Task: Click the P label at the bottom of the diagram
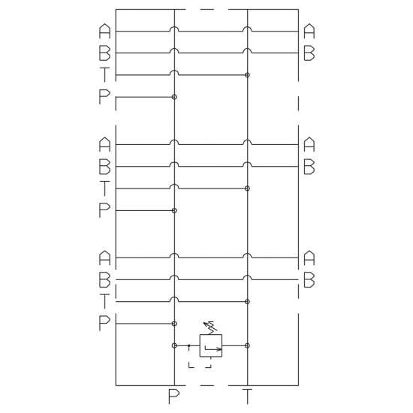(174, 396)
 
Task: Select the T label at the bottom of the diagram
(247, 396)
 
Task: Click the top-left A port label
(104, 31)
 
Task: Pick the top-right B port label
(309, 53)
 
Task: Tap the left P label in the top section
(104, 97)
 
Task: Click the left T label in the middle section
(104, 188)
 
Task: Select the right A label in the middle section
(309, 144)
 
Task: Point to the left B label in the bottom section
(104, 279)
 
